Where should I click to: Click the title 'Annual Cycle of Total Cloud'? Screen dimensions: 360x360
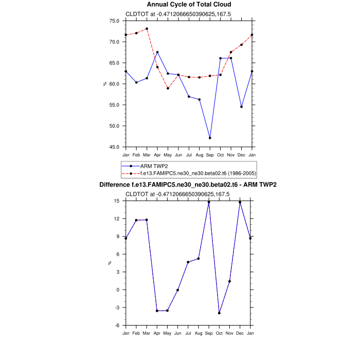tap(189, 5)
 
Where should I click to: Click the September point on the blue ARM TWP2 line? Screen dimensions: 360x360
tap(210, 138)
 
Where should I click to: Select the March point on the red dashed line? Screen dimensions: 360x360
tap(147, 29)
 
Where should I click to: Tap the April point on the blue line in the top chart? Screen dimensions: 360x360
tap(157, 52)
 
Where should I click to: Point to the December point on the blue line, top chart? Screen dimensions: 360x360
tap(241, 107)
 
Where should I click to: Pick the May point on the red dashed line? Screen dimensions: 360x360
tap(168, 88)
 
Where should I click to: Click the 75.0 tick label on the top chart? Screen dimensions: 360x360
tap(114, 21)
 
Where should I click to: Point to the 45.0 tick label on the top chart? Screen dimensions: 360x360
tap(114, 147)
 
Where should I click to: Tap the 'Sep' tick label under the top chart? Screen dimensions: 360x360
tap(210, 154)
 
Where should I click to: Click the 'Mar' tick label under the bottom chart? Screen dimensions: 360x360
tap(147, 333)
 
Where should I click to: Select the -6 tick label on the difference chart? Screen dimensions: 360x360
tap(117, 326)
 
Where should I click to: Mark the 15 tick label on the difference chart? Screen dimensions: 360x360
tap(117, 201)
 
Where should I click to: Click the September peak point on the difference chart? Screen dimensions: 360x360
tap(209, 202)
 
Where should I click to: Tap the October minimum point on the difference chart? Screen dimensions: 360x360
tap(220, 313)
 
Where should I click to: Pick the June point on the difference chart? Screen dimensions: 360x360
tap(178, 290)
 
